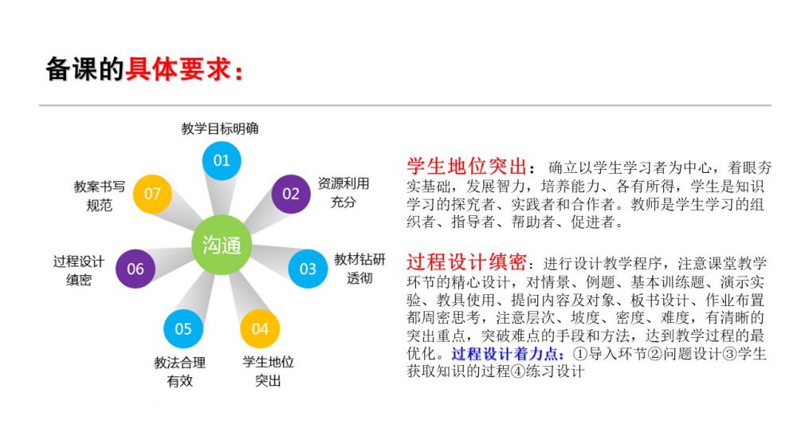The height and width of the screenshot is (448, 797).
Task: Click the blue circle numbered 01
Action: tap(222, 160)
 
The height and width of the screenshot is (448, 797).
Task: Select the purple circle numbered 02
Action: tap(291, 194)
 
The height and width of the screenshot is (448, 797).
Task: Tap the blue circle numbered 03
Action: tap(308, 269)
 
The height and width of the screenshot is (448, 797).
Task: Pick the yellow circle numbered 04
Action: tap(260, 328)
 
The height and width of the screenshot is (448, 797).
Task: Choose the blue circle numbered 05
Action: tap(183, 328)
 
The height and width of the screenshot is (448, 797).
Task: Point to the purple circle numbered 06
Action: tap(135, 269)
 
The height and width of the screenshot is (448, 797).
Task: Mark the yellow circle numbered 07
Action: tap(152, 194)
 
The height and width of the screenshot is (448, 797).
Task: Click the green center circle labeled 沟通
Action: tap(222, 245)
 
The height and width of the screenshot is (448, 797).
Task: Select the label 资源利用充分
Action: tap(344, 192)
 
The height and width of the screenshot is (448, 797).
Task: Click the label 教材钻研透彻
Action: tap(359, 269)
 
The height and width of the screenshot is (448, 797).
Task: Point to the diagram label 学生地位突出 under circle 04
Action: tap(269, 371)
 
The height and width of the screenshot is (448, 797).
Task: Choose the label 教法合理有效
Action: tap(179, 371)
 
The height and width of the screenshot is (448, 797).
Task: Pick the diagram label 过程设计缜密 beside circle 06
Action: tap(79, 270)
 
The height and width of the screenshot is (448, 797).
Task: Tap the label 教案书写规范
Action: tap(100, 195)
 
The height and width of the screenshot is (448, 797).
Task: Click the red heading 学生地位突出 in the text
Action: tap(466, 167)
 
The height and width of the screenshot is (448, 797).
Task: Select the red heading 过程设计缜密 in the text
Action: tap(466, 262)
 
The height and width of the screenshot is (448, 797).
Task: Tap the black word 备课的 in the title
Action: tap(84, 70)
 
